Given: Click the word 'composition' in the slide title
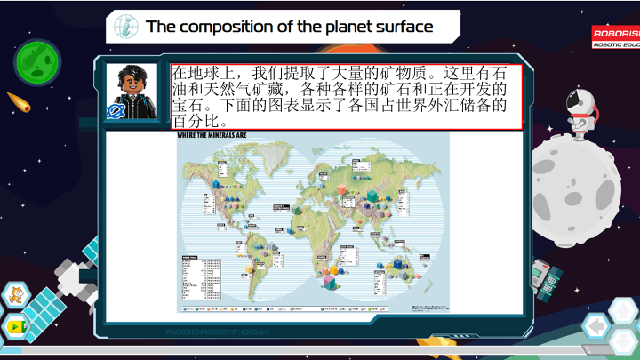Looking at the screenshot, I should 224,27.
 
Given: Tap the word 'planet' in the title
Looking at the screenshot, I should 339,27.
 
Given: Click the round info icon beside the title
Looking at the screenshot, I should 126,27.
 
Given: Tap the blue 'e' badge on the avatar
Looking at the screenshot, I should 114,111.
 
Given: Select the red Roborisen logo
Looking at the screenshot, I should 615,36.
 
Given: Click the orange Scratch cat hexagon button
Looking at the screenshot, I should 12,296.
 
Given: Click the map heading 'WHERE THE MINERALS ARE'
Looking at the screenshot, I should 212,135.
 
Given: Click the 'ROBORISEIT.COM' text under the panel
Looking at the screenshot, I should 217,332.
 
